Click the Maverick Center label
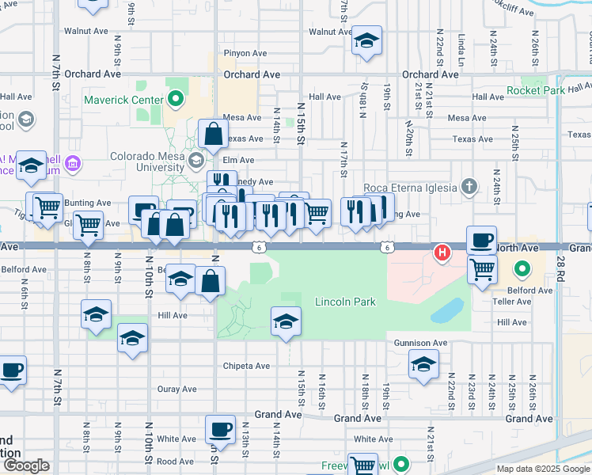tap(123, 100)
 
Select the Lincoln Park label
tap(344, 302)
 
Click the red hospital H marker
tap(442, 253)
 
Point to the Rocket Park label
tap(536, 90)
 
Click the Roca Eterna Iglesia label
tap(410, 188)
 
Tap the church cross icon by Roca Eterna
tap(469, 187)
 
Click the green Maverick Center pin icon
tap(176, 100)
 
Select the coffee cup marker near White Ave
tap(220, 430)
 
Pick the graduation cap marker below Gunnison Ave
tap(423, 365)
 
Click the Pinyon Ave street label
tap(245, 53)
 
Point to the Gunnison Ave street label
tap(421, 343)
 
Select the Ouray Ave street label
tap(176, 389)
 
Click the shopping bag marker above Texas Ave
tap(214, 134)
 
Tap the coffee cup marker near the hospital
tap(481, 240)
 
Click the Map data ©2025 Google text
tap(542, 468)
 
